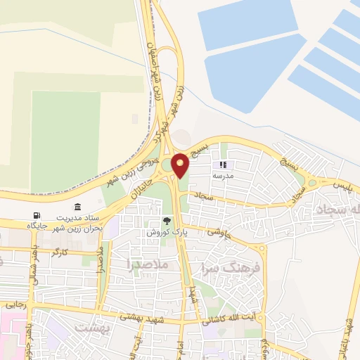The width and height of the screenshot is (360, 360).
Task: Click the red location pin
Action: coord(181,165)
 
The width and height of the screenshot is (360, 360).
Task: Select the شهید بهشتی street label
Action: coord(138,317)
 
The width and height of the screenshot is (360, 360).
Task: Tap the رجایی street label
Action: coord(15,304)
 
